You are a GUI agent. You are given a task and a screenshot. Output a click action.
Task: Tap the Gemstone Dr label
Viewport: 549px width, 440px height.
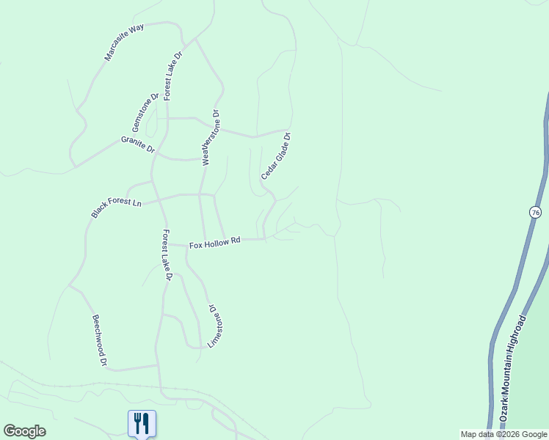point(145,113)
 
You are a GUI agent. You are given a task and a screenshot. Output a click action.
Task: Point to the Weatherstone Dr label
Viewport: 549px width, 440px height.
point(211,138)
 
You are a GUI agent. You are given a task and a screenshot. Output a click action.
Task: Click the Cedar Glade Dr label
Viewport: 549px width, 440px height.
point(276,156)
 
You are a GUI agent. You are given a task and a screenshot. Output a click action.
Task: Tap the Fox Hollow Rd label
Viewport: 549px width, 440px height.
point(215,243)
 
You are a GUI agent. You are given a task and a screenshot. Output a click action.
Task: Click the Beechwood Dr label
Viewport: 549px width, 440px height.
point(100,340)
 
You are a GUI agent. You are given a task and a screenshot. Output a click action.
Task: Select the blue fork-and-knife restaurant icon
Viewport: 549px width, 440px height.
point(142,423)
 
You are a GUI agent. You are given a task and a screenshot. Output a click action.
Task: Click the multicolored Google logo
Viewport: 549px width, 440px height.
point(24,431)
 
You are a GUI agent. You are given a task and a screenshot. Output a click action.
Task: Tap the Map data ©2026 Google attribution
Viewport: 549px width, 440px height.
point(503,434)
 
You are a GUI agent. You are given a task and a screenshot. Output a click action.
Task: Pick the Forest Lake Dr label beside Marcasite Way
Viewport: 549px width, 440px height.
point(173,76)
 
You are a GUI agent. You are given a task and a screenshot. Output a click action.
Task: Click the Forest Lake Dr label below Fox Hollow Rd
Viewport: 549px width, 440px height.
point(167,255)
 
